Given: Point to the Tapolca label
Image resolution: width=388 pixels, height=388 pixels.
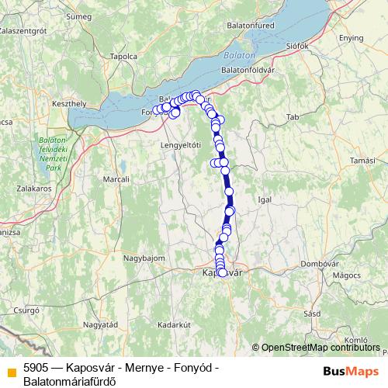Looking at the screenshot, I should (123, 56).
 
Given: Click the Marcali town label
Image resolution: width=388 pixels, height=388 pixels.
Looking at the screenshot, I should (116, 179).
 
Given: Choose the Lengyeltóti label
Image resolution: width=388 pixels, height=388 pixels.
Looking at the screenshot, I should (180, 145).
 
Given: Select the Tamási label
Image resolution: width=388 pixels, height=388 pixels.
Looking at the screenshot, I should (363, 160).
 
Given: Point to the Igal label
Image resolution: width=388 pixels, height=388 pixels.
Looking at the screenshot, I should (265, 199).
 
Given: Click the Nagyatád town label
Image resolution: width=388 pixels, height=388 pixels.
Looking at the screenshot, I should (100, 324).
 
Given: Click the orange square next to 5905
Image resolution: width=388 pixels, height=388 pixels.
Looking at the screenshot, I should (12, 371).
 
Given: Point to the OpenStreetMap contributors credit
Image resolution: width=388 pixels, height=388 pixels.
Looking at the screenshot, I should (320, 347).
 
